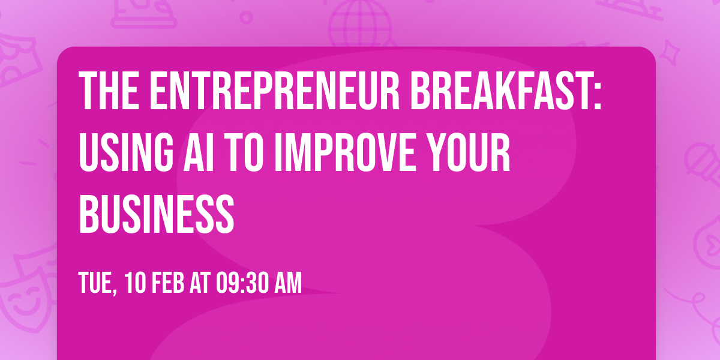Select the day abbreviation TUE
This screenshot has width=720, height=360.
pos(97,283)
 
